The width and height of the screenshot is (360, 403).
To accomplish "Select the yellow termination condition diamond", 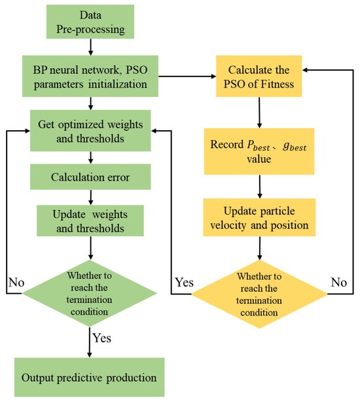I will click(261, 294).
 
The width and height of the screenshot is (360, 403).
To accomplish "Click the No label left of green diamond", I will click(16, 284).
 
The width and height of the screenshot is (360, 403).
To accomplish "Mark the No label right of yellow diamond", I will click(338, 284).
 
